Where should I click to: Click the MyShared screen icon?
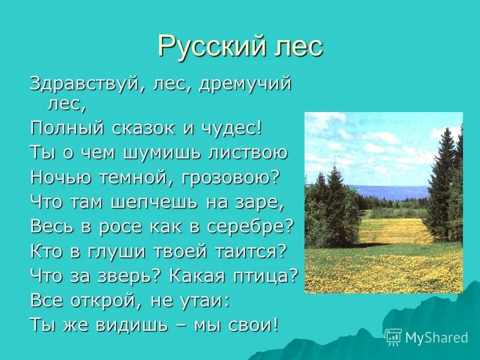393,337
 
